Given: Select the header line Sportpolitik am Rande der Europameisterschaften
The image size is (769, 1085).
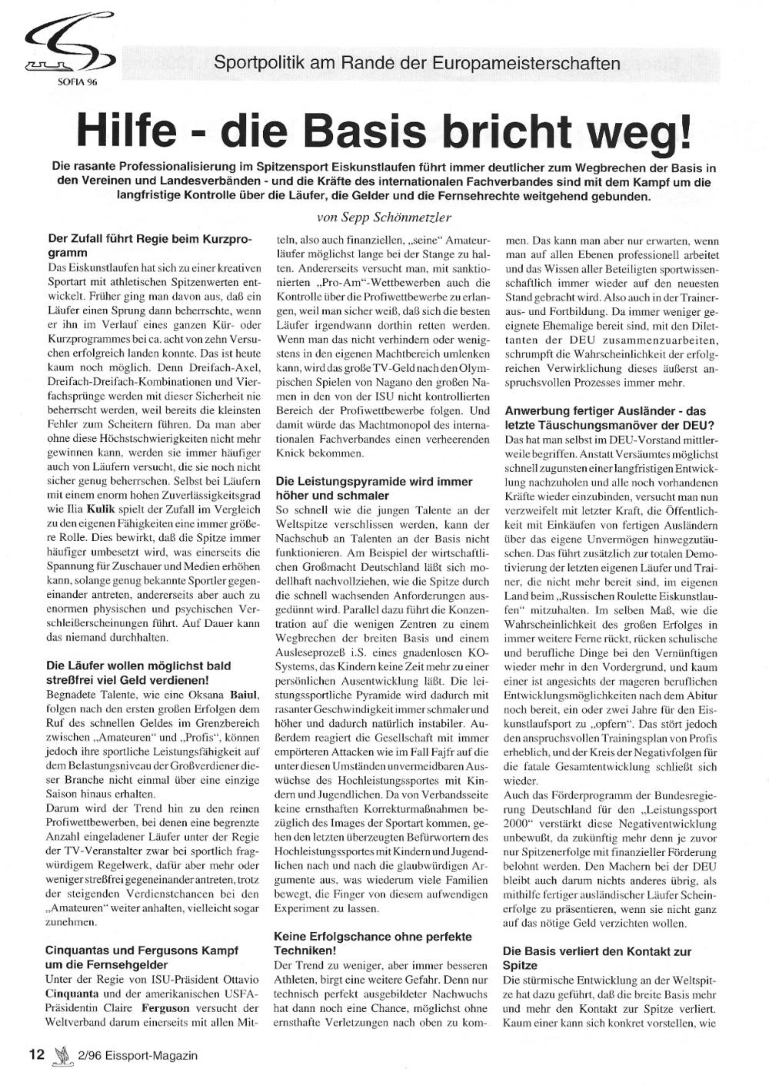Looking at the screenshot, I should pyautogui.click(x=417, y=63).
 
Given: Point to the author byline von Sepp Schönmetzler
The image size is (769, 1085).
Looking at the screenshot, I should pyautogui.click(x=384, y=217).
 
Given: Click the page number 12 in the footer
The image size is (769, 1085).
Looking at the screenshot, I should pyautogui.click(x=36, y=1054).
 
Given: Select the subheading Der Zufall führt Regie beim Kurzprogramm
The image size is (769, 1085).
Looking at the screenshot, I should pyautogui.click(x=149, y=246).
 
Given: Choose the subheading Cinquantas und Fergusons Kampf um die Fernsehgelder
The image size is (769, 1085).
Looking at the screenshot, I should pyautogui.click(x=141, y=957).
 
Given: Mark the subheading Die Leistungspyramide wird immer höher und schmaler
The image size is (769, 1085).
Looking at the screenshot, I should pyautogui.click(x=374, y=489).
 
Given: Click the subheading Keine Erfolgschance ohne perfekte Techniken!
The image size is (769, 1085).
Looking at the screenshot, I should pyautogui.click(x=372, y=944).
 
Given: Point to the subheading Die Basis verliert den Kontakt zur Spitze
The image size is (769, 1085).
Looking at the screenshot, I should pyautogui.click(x=597, y=958).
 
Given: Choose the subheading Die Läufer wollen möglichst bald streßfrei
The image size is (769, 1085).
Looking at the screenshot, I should pyautogui.click(x=138, y=673).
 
